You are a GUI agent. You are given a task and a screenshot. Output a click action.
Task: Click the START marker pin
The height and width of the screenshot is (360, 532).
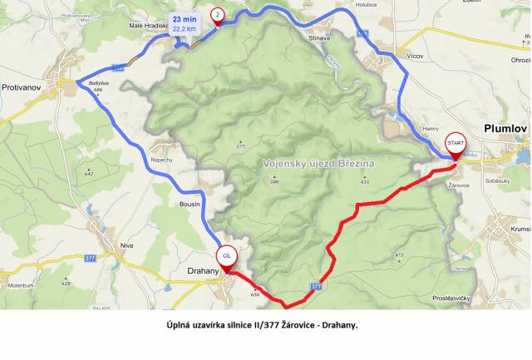(x=455, y=145)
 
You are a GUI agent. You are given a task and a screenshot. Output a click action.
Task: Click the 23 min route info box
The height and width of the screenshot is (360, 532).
(x=185, y=23)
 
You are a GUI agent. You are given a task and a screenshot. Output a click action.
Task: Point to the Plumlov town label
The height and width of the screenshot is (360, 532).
(x=505, y=128)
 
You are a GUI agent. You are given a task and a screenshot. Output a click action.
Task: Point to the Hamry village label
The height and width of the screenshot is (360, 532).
(x=430, y=129)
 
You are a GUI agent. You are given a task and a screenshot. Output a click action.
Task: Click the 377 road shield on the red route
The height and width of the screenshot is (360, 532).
(x=317, y=285)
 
